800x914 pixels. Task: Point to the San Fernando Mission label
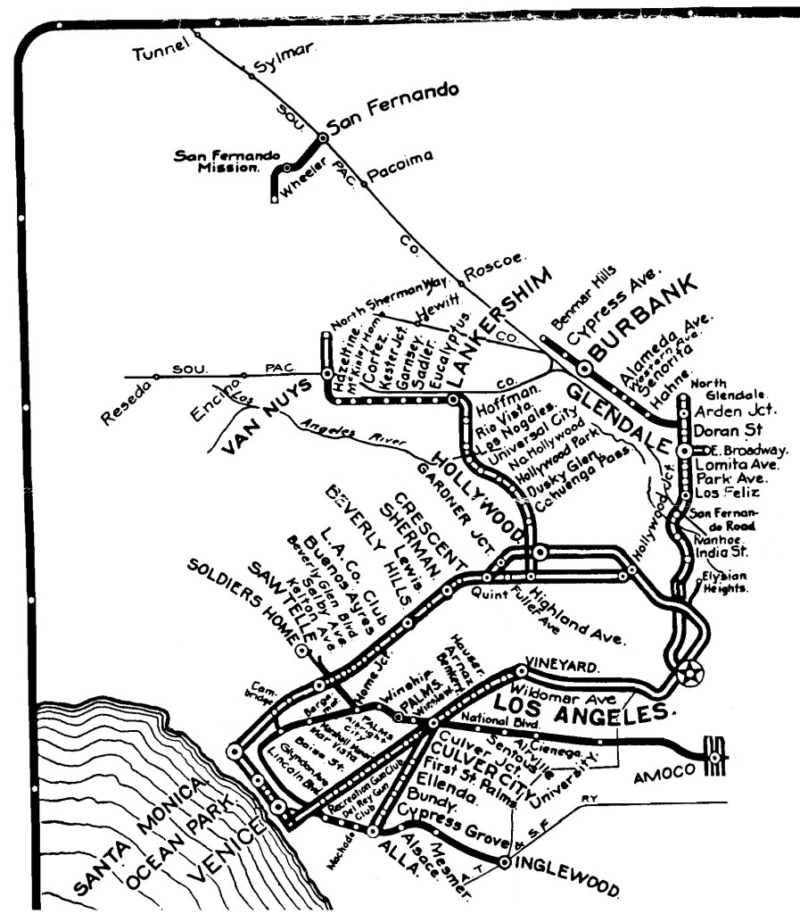[x=216, y=160]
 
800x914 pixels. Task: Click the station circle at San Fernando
[x=321, y=137]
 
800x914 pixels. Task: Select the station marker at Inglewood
[x=505, y=863]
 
